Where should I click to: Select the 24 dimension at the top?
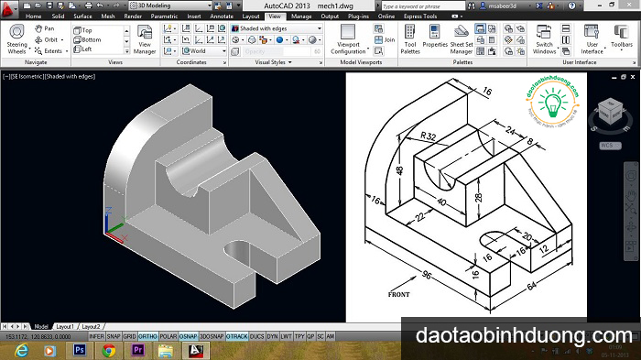509,130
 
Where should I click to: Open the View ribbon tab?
275,16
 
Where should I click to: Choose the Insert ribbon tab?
194,16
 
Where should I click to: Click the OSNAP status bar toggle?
188,336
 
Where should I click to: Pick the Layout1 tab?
64,326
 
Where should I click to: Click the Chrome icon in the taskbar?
109,350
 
